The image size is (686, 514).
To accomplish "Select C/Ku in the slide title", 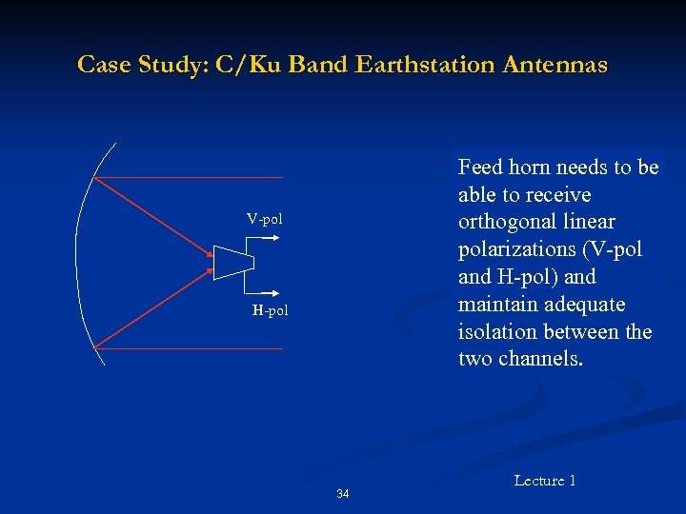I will pos(249,65).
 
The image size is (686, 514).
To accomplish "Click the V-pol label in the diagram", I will pos(264,220).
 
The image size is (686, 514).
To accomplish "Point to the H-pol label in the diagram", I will pos(270,310).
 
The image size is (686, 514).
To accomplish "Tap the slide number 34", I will pos(343,494).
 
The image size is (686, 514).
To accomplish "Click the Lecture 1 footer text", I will pos(545,481).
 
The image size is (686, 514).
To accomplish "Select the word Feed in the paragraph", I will pos(479,168).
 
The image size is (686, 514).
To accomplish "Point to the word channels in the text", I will pos(548,359).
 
